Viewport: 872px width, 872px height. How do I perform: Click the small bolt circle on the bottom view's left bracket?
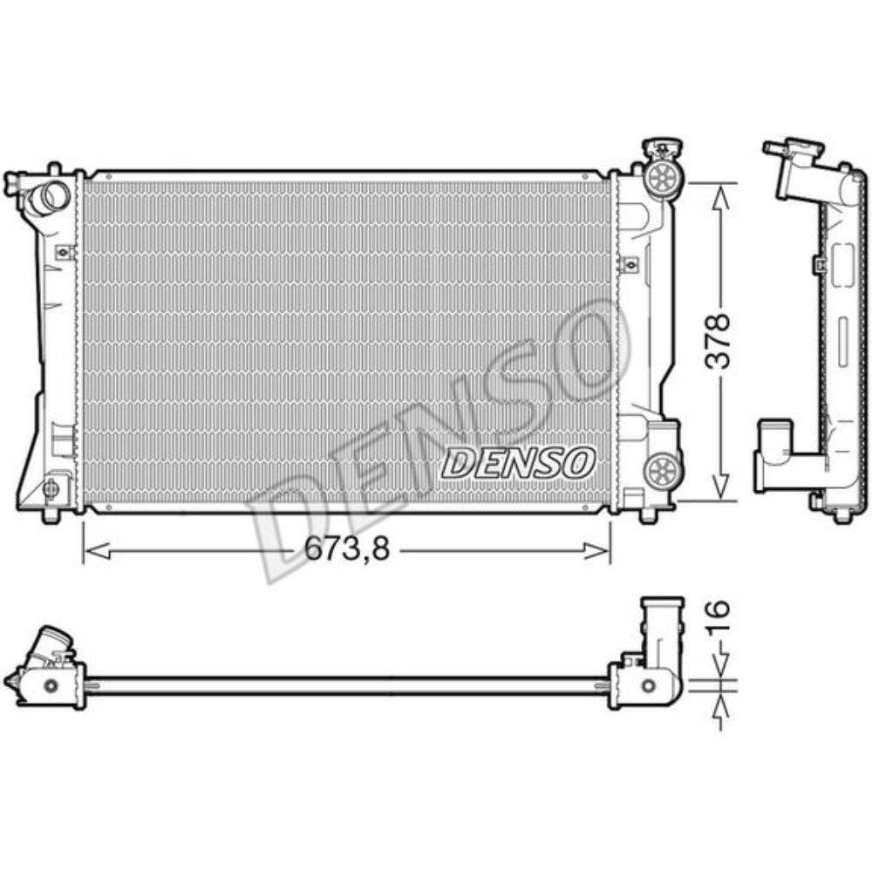[x=51, y=685]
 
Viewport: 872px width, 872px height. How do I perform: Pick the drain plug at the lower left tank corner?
[x=51, y=489]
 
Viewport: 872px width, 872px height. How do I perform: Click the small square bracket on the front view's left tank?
[x=62, y=253]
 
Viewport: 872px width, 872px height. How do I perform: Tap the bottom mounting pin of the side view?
[x=841, y=516]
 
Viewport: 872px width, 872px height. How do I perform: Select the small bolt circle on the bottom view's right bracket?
[x=648, y=685]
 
